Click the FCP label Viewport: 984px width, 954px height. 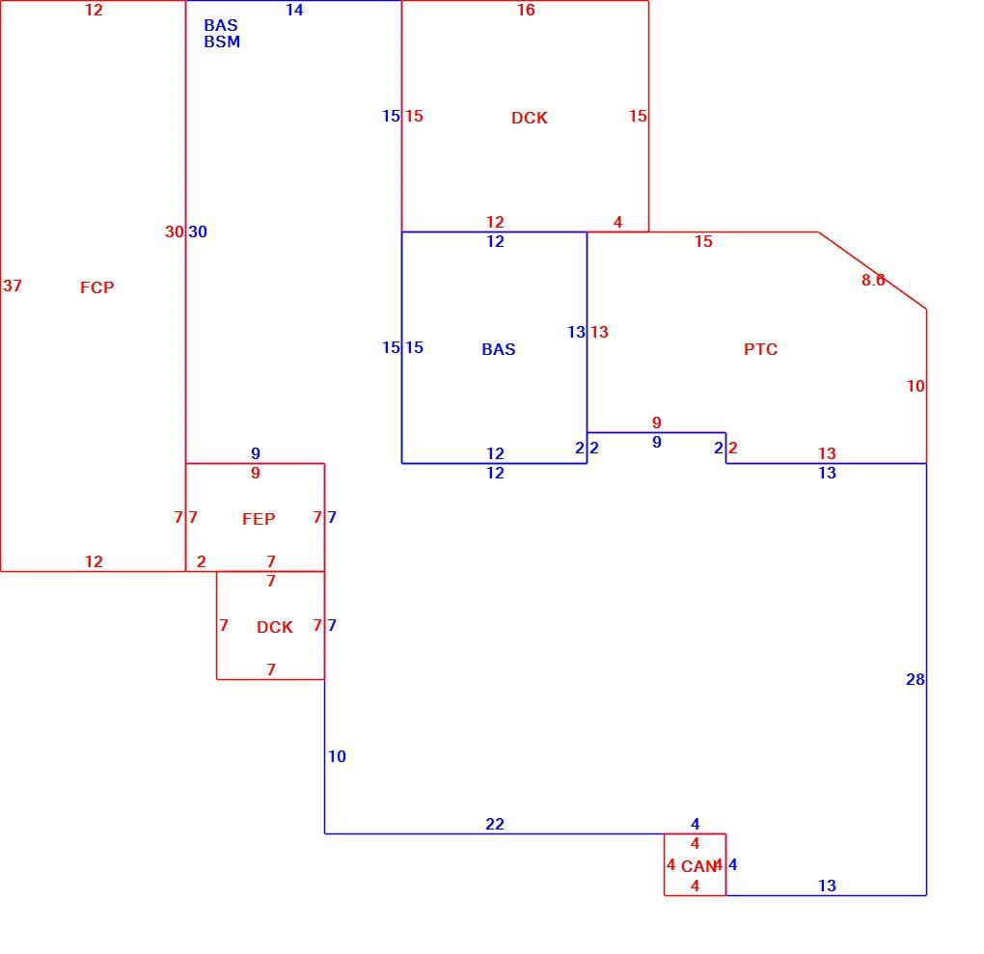pos(97,287)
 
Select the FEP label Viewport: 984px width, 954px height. pos(259,519)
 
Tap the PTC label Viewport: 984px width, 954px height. pos(760,349)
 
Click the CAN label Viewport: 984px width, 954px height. pos(698,867)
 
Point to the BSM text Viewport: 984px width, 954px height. pos(222,42)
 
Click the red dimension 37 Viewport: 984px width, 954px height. pos(13,286)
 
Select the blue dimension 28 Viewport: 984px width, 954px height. pos(916,680)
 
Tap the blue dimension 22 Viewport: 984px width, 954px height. pos(495,824)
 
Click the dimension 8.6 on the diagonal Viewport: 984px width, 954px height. pos(873,281)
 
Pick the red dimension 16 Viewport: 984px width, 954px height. pos(526,10)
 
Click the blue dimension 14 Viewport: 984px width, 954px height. pos(294,10)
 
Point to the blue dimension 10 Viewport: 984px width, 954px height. pos(337,757)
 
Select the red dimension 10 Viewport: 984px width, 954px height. pos(916,387)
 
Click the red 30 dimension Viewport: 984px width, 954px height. pos(175,232)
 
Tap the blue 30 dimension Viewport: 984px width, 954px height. pos(198,232)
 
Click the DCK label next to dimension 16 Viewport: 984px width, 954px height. pos(530,118)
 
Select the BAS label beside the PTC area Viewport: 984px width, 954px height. pos(499,349)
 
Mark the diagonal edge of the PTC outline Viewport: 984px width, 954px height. pos(872,270)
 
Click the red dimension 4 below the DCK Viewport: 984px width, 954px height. pos(618,222)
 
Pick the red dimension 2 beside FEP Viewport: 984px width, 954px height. pos(202,561)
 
